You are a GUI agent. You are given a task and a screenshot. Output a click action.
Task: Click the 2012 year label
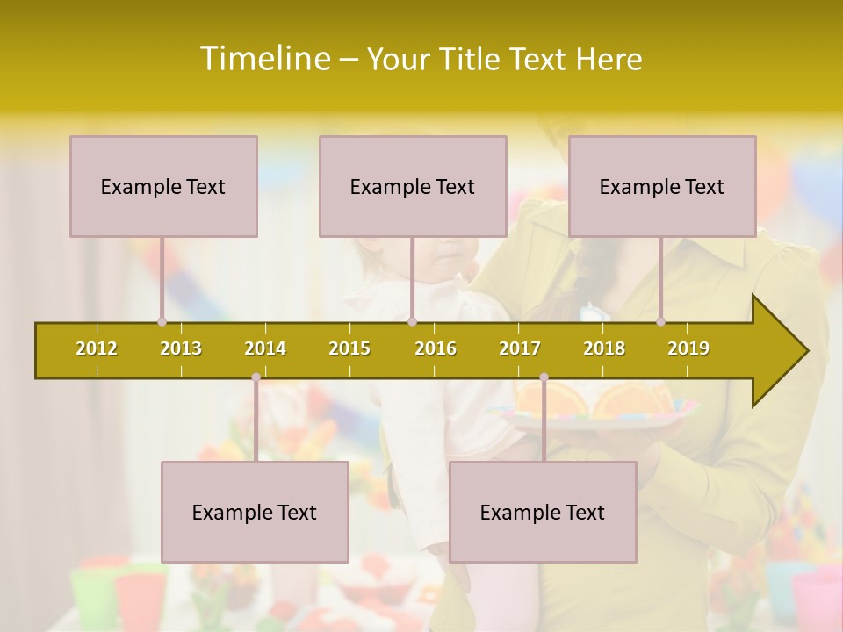coord(97,348)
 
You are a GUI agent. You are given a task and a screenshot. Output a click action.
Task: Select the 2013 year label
coord(181,348)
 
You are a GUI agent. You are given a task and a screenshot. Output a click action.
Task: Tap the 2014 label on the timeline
coord(265,348)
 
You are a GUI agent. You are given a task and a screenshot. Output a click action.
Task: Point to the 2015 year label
coord(349,348)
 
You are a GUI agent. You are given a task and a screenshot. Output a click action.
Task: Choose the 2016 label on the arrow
coord(436,348)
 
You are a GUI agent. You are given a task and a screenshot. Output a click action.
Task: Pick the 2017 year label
coord(520,348)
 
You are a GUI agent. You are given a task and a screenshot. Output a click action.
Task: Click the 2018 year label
coord(604,348)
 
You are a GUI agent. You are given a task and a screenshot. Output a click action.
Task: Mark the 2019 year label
coord(688,348)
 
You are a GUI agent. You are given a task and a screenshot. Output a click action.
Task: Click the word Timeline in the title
coord(263,59)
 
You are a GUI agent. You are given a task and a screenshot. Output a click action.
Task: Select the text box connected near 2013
coord(163,186)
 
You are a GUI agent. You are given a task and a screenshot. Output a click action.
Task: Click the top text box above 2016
coord(413,186)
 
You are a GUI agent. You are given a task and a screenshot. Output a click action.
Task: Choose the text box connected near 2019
coord(662,186)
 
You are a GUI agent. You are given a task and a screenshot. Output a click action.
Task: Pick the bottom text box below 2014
coord(255,512)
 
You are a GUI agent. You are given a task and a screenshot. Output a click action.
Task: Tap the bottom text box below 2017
coord(543,512)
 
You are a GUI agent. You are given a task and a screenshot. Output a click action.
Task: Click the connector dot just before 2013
coord(162,321)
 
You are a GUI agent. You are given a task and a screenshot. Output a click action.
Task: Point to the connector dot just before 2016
coord(412,321)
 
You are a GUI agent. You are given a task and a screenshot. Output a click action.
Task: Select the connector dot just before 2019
coord(660,321)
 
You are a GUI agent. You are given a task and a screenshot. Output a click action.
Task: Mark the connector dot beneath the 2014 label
coord(256,377)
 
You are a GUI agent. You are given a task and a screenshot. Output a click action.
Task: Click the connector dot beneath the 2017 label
coord(544,377)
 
